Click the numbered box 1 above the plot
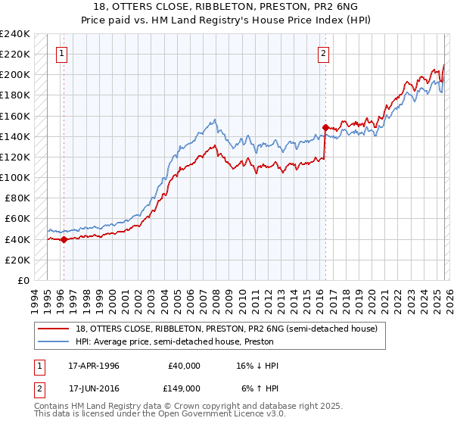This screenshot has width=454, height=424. (x=61, y=53)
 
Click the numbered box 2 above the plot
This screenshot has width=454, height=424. (x=323, y=53)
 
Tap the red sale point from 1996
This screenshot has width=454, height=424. (x=64, y=239)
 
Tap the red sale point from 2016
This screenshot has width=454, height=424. (x=325, y=127)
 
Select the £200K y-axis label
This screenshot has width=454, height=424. (x=14, y=75)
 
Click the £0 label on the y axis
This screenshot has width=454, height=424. (x=23, y=280)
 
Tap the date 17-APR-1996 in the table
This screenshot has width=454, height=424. (x=94, y=366)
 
